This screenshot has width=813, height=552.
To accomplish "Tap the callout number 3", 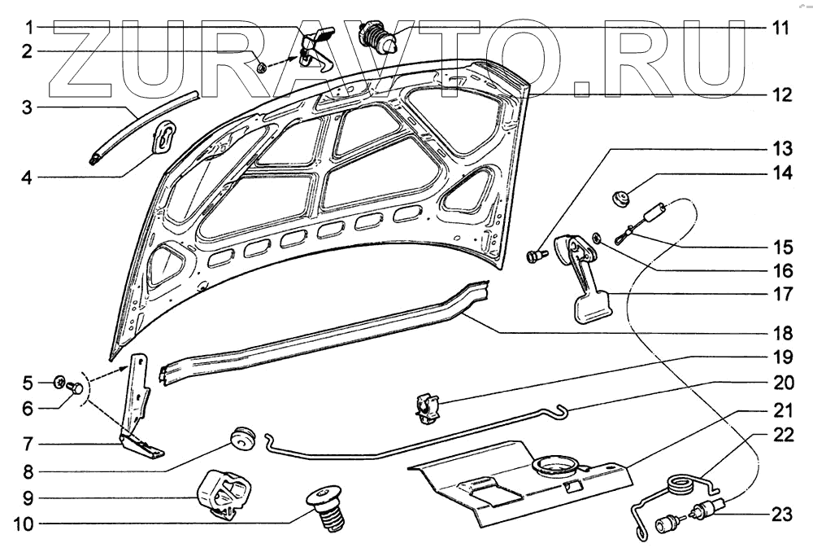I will pos(27,107).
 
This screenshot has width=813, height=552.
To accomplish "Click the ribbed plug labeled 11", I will pos(380,37).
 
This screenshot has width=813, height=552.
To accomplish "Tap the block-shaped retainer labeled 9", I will pos(224,491).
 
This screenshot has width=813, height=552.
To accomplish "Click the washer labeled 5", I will pos(59,381).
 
